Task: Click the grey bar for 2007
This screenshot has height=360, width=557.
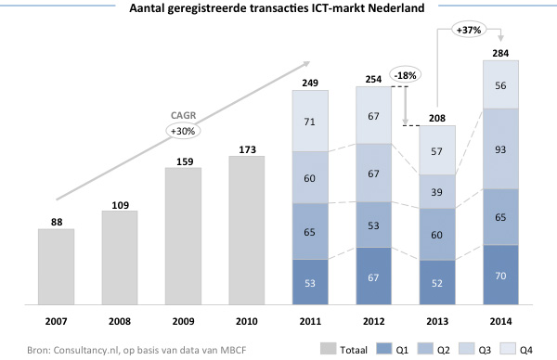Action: (57, 266)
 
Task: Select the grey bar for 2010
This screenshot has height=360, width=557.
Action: (247, 229)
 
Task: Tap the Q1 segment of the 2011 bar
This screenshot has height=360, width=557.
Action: (311, 281)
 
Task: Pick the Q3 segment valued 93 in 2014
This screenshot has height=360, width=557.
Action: (501, 148)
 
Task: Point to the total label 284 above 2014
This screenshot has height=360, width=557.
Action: (501, 52)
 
